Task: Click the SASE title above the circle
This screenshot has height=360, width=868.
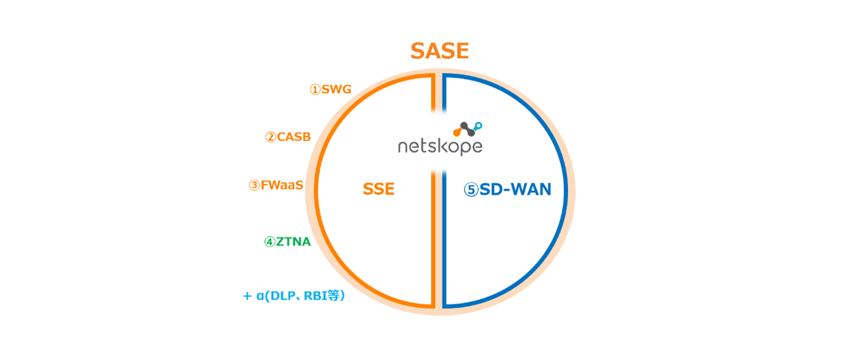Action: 440,51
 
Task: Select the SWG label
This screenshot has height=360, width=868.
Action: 336,90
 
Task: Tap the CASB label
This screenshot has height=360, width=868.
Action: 293,137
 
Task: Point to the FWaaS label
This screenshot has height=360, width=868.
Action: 282,185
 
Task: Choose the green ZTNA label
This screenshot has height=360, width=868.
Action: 293,242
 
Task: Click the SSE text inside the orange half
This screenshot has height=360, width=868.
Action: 379,189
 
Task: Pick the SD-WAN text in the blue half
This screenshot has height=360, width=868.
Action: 515,190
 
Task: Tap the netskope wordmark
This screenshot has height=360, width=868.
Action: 440,147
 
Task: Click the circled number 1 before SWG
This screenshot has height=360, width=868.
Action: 315,90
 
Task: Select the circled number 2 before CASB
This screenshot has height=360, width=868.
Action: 271,137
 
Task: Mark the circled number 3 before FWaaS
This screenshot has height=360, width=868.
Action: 254,185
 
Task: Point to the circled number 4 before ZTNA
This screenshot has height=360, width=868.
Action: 270,242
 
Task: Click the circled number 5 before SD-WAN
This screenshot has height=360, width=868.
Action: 471,190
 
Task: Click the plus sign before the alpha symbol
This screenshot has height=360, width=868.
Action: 247,297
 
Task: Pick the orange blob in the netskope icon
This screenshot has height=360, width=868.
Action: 458,132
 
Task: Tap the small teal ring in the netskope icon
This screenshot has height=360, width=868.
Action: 478,126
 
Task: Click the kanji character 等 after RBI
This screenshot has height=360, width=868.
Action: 333,296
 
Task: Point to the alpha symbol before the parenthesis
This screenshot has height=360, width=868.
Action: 260,297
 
